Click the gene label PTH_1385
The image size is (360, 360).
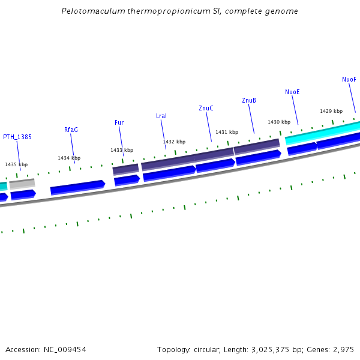click(17, 137)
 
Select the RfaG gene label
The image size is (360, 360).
click(71, 130)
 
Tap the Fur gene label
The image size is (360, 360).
click(119, 122)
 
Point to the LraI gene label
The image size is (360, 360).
click(161, 116)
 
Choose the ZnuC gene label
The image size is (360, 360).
click(206, 108)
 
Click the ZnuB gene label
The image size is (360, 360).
click(249, 100)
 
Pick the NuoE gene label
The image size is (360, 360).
click(292, 92)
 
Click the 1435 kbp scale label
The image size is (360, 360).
click(16, 164)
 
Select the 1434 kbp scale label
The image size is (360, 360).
click(69, 158)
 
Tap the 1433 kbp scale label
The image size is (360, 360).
click(122, 150)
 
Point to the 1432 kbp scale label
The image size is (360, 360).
click(174, 142)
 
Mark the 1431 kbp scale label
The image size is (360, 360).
click(227, 132)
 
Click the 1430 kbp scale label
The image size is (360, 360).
click(279, 122)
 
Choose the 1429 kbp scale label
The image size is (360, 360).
click(331, 111)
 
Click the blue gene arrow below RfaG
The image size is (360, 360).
click(77, 188)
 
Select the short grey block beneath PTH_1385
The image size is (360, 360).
click(22, 184)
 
